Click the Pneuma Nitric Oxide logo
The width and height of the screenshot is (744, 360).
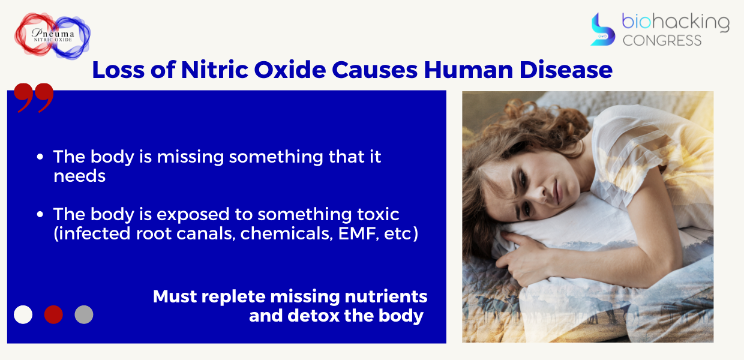click(52, 36)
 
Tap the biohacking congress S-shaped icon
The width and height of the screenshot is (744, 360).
click(602, 29)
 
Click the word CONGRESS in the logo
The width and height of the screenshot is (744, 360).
click(662, 41)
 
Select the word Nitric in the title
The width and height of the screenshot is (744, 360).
click(215, 70)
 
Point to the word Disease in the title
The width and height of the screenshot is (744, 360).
click(566, 70)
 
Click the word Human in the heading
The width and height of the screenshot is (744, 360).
click(469, 70)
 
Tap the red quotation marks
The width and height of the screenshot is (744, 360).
click(34, 98)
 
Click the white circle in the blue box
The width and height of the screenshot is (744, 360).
click(23, 314)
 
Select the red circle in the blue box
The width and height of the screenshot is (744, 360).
click(53, 314)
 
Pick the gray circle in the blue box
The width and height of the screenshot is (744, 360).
click(84, 314)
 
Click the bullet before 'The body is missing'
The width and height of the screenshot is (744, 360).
click(40, 157)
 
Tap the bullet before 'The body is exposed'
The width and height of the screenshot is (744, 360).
click(40, 214)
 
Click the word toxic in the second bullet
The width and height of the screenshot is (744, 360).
click(379, 214)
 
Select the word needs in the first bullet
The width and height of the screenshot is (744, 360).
click(79, 176)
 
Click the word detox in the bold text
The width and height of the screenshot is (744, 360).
click(313, 316)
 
